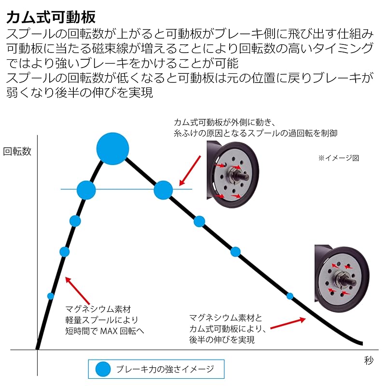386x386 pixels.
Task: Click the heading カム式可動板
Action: (51, 17)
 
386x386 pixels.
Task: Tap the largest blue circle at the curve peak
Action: (112, 149)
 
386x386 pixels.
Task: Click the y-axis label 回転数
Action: (17, 152)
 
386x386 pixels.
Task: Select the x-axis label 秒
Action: (369, 360)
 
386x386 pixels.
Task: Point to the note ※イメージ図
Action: (339, 158)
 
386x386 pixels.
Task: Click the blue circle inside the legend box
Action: (103, 369)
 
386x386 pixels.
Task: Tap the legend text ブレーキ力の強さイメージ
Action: (165, 369)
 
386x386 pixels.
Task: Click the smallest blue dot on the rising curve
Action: (51, 296)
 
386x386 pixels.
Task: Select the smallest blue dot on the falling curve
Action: (290, 296)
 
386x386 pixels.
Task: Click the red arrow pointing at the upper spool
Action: (190, 170)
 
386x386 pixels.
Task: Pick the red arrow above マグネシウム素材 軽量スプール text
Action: (77, 290)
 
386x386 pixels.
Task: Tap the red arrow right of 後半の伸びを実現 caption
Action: (288, 323)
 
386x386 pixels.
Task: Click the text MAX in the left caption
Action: (109, 331)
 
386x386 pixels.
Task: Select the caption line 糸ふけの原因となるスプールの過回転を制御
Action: (255, 133)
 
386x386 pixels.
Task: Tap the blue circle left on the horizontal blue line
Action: (86, 190)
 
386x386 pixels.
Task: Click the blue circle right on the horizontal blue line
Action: (163, 190)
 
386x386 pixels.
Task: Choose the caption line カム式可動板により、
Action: (228, 329)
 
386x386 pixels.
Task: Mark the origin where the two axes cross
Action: (38, 349)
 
